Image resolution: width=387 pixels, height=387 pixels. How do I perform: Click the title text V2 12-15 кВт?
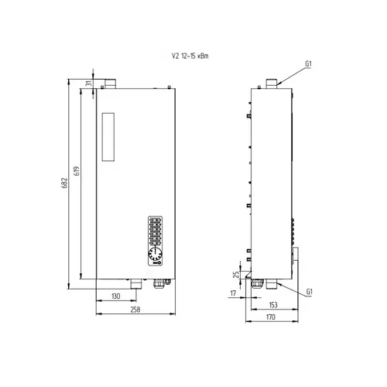coord(190,56)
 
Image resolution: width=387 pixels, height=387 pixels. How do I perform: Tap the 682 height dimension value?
coord(64,183)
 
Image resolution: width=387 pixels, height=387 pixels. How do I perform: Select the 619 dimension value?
coord(77,171)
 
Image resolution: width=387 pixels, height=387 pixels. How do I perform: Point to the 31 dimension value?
coord(88,83)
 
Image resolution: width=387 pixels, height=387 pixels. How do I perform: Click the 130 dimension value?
coord(116,296)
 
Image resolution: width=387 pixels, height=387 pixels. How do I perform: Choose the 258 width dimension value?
coord(135,310)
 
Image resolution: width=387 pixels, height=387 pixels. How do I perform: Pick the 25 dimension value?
coord(236,274)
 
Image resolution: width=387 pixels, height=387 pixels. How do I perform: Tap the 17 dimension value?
coord(233,293)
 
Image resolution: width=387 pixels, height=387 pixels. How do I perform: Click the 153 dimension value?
coord(273,305)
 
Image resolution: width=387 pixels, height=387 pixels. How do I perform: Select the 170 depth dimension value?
coord(271,317)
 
